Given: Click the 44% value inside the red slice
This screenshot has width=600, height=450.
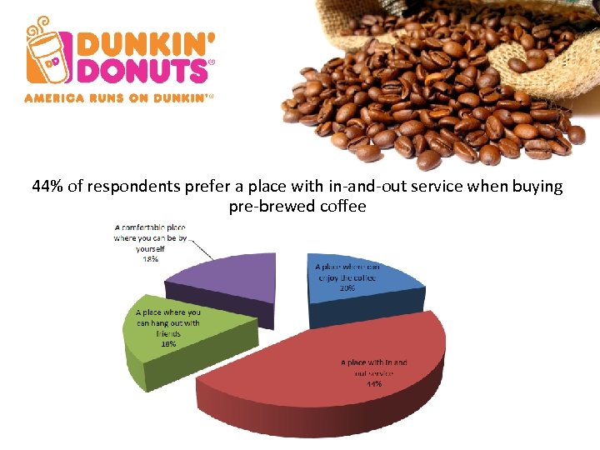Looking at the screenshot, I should click(x=374, y=385).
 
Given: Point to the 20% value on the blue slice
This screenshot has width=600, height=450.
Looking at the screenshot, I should click(x=347, y=288).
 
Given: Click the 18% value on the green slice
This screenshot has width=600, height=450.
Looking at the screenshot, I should click(x=167, y=344).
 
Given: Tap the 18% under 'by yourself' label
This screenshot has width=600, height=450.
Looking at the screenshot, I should click(x=151, y=259).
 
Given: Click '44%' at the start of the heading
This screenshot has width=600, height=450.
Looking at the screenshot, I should click(x=47, y=187).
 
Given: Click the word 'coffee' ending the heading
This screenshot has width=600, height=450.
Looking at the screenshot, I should click(x=343, y=207).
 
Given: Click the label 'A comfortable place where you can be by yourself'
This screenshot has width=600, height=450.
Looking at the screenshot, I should click(x=151, y=237).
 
